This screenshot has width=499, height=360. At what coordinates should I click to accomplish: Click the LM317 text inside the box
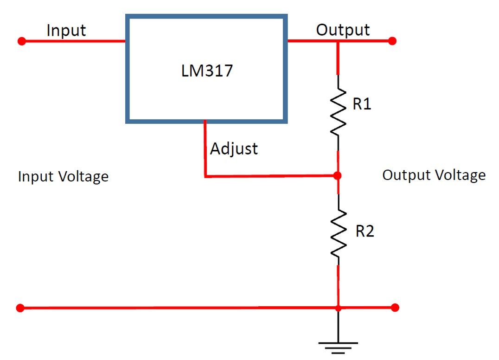(x=207, y=71)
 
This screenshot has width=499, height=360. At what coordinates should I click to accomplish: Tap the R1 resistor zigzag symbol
(x=338, y=112)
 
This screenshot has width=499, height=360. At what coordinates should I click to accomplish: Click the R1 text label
(x=362, y=104)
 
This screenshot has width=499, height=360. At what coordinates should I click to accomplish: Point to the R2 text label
(x=365, y=231)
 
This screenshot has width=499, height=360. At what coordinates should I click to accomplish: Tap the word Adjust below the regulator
(x=234, y=149)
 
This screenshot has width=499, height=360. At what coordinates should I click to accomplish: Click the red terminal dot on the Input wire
(x=21, y=41)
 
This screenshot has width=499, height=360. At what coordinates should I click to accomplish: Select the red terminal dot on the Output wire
(x=392, y=41)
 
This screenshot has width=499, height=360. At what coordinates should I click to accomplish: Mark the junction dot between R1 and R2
(x=338, y=176)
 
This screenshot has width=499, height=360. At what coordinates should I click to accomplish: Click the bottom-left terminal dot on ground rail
(x=20, y=308)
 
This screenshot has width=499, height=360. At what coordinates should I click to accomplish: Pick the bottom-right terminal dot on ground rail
(x=395, y=307)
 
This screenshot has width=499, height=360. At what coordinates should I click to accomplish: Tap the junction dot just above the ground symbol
(x=338, y=308)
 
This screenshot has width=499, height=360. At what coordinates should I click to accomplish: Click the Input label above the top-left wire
(x=66, y=31)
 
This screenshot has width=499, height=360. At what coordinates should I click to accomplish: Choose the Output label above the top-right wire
(x=343, y=30)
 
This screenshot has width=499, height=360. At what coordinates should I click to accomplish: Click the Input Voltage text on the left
(x=63, y=177)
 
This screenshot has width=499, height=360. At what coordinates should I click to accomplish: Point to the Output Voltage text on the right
(x=434, y=175)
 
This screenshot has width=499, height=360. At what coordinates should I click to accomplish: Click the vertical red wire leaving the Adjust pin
(x=205, y=148)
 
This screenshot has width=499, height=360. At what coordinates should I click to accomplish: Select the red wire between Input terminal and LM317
(x=74, y=41)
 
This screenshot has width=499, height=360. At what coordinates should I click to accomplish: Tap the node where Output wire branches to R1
(x=338, y=41)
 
